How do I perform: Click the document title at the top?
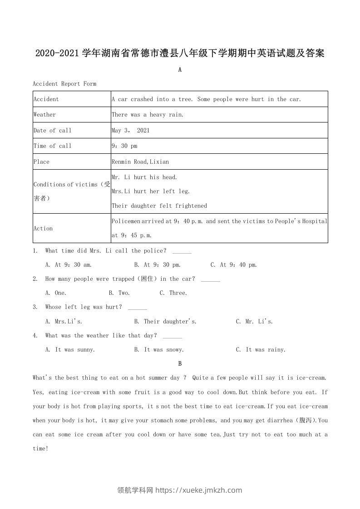coord(180,53)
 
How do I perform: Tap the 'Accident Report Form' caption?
coord(64,83)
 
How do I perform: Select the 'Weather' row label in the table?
coord(44,115)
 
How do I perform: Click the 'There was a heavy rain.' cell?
coord(148,115)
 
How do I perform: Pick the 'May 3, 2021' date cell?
coord(131,130)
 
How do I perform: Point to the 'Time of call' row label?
coord(52,146)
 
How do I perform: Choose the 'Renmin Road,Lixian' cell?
coord(140,162)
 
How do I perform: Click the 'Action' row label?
coord(43,228)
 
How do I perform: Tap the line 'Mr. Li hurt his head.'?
coord(144,177)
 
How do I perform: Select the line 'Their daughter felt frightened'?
coord(159,206)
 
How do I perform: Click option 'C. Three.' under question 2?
coord(173,293)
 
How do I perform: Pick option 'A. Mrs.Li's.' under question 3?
coord(64,321)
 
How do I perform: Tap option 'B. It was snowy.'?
coord(159,349)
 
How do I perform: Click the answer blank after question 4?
coord(172,336)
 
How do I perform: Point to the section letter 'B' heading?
coord(180,363)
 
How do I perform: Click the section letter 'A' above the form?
coord(180,70)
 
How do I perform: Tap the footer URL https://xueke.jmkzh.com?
coord(199,490)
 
